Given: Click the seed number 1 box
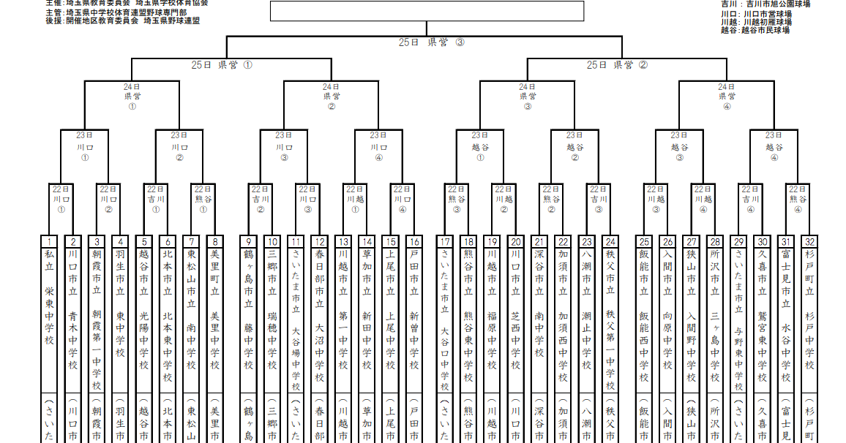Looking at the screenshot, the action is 49,242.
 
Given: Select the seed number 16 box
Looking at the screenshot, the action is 414,242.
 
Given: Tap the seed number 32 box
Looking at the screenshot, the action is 809,242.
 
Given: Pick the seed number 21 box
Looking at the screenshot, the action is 539,242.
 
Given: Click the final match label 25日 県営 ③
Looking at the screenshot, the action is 431,42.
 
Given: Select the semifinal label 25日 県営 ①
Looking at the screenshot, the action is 222,65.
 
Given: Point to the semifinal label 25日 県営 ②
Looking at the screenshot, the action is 617,65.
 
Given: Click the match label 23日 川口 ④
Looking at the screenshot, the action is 378,146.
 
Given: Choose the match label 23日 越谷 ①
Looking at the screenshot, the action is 480,146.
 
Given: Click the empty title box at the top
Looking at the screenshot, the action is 427,11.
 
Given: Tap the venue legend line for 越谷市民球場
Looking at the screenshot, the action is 755,31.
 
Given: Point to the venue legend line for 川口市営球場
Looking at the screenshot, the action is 755,14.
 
